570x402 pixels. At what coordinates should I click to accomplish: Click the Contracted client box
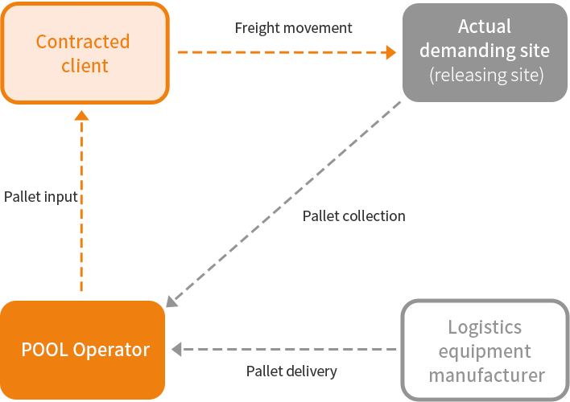85,53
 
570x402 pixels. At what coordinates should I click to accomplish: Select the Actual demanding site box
485,52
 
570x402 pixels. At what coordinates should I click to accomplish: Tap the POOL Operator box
83,350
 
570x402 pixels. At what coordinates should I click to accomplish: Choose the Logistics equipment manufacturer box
485,351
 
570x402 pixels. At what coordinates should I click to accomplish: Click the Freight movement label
293,28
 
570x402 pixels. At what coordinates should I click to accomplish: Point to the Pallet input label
40,196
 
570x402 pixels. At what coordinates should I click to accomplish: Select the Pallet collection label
353,215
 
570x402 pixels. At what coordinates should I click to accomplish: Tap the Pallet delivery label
291,371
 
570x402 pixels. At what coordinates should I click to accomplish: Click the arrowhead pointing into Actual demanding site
391,52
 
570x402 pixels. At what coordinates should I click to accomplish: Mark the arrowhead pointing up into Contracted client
81,117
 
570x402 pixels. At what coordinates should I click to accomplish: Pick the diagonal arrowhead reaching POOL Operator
171,302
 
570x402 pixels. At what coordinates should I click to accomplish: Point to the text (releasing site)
486,76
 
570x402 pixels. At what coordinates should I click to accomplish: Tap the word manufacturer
486,375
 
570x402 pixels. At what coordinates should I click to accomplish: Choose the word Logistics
485,327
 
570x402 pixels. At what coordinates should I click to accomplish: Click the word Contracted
83,41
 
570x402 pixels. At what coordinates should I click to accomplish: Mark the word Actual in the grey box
485,27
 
